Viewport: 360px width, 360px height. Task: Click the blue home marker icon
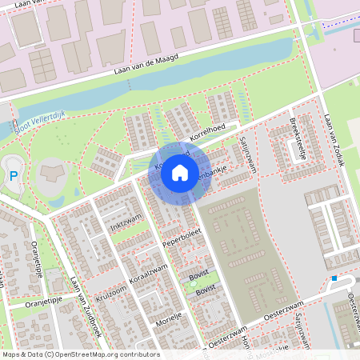pos(180,172)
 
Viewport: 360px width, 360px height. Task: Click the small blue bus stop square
pos(334,278)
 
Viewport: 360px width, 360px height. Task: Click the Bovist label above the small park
pos(199,274)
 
